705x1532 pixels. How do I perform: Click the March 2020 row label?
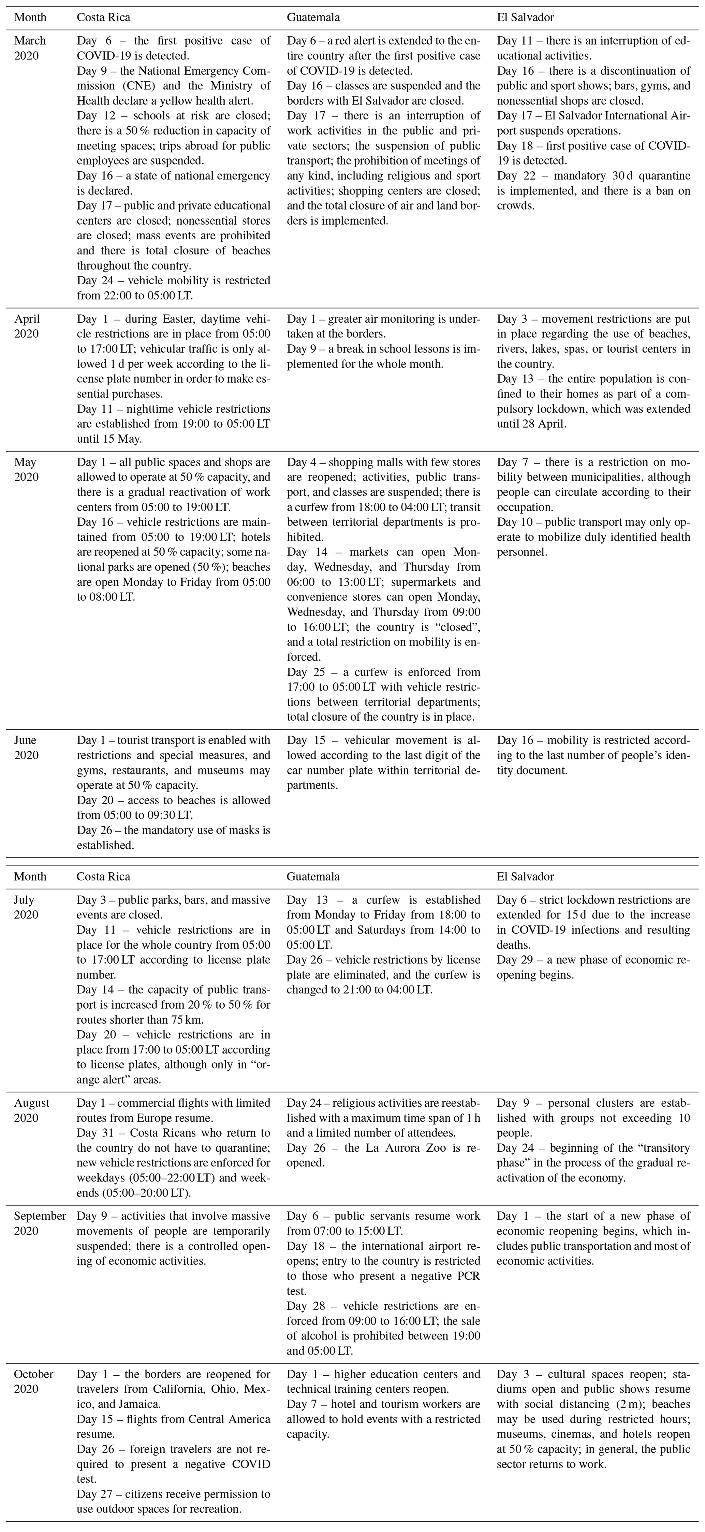(x=30, y=48)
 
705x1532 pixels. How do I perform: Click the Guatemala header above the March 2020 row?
(x=313, y=17)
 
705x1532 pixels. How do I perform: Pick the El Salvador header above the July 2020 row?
(x=525, y=876)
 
